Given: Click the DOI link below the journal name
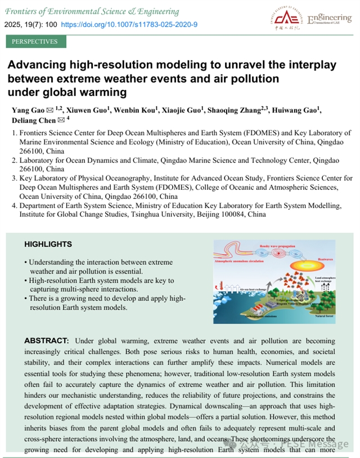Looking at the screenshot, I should [x=129, y=25].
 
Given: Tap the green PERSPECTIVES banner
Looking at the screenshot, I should [x=35, y=42].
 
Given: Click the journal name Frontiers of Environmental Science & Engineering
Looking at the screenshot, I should [x=92, y=11].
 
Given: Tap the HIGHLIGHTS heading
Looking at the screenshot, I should [x=48, y=244].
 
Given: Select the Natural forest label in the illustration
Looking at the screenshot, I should [x=327, y=316].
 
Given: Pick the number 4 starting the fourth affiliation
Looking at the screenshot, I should [x=15, y=206].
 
